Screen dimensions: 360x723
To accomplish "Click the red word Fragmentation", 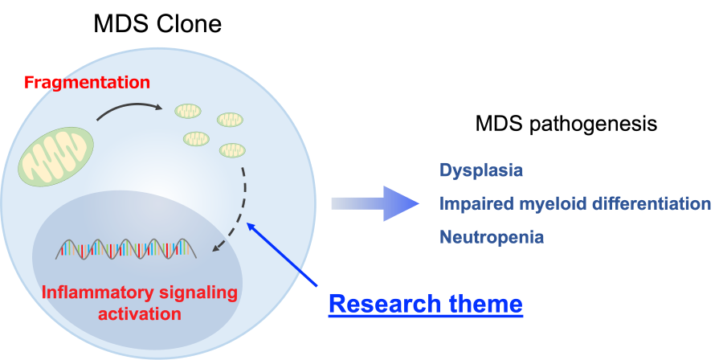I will click(x=87, y=82).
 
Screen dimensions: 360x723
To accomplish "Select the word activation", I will click(x=139, y=313).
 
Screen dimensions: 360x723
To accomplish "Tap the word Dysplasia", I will click(x=481, y=170).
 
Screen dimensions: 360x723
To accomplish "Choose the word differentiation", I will click(x=651, y=204).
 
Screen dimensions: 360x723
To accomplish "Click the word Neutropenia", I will click(x=492, y=237).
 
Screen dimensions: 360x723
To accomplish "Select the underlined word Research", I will click(x=385, y=304).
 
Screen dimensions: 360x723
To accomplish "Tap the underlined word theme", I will click(x=485, y=304).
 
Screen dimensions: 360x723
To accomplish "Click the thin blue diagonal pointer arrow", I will click(x=283, y=255).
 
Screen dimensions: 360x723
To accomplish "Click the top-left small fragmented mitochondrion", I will click(x=189, y=111).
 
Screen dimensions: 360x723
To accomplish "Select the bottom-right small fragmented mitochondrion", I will click(x=233, y=149).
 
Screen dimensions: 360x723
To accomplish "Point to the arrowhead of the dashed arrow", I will click(x=215, y=251).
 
